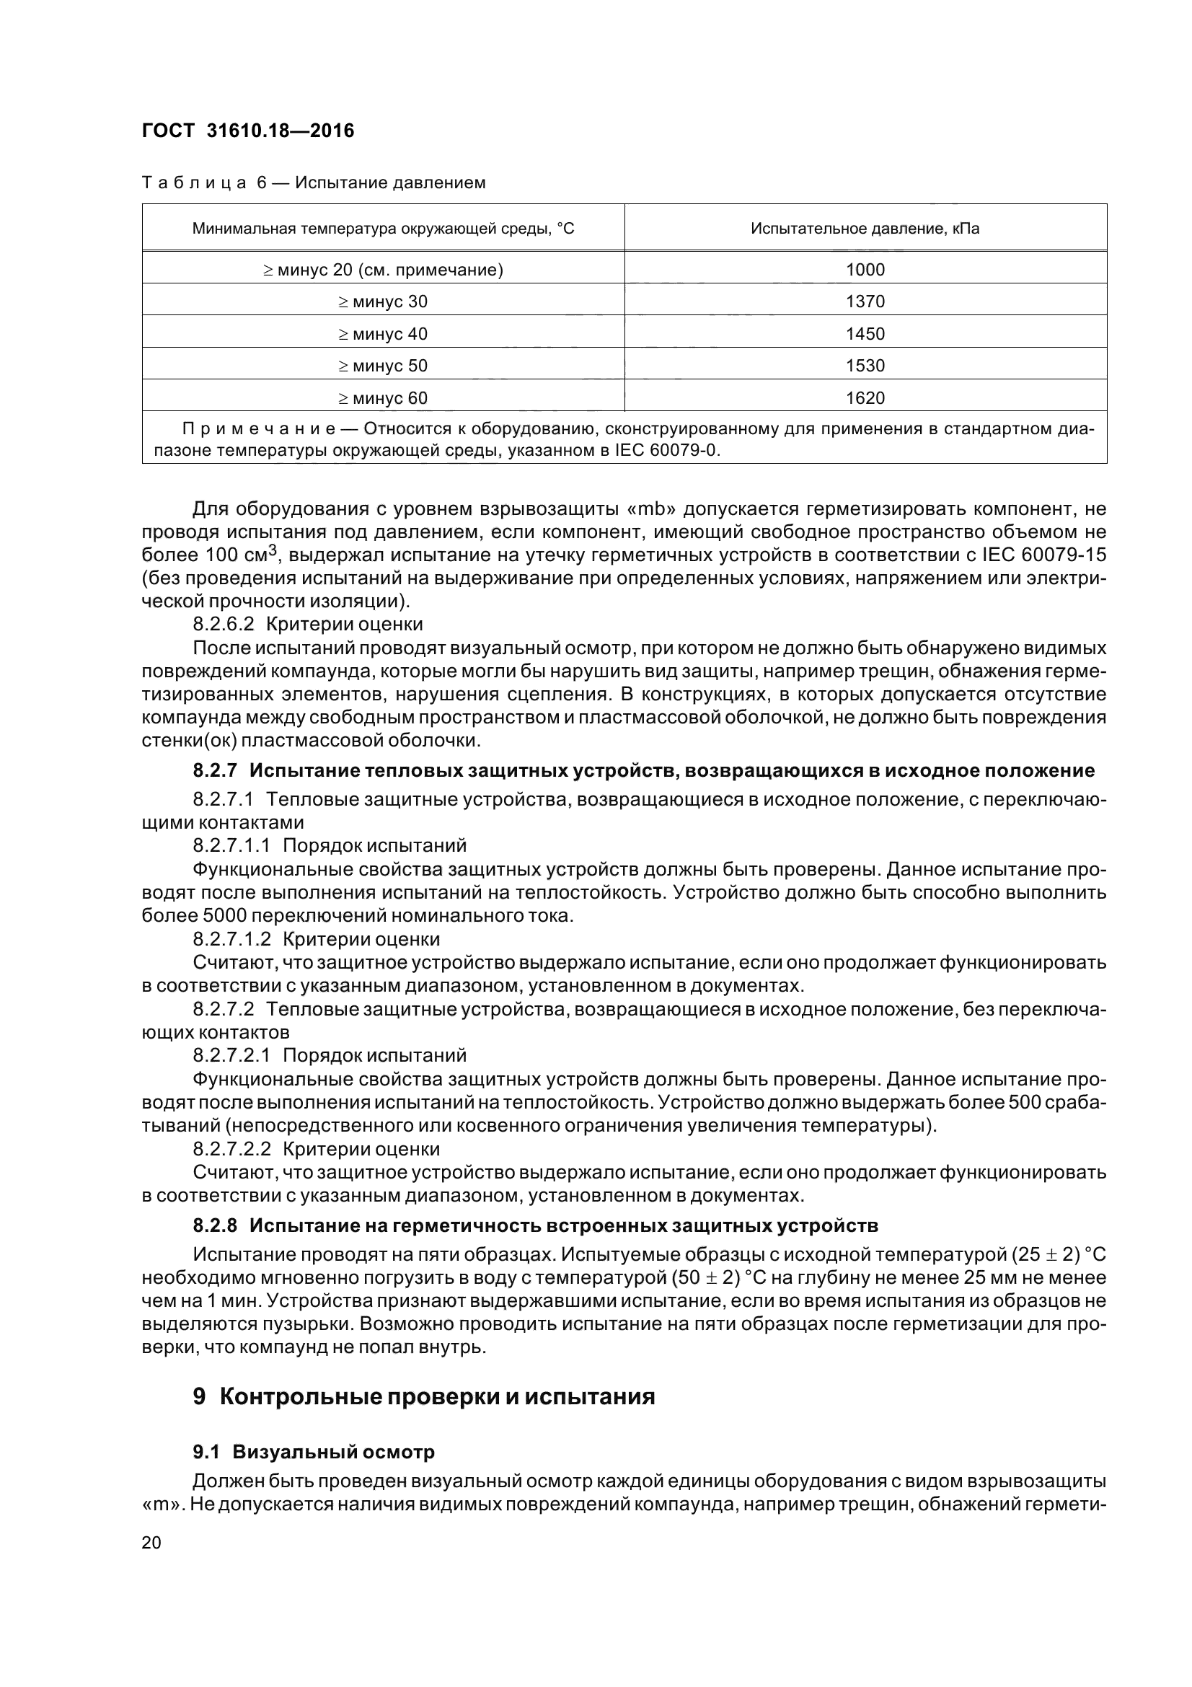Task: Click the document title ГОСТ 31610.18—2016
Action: (247, 131)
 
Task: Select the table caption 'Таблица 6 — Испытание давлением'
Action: (313, 182)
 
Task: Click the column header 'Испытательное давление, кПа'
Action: (865, 229)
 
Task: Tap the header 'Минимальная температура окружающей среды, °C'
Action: (383, 229)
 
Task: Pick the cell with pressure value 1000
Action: (865, 270)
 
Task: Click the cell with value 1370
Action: (865, 301)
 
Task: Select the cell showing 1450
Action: (865, 334)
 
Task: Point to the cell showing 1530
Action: (865, 365)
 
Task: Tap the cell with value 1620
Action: (865, 397)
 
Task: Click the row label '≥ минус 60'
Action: (383, 397)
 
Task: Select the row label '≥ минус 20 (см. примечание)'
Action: (383, 270)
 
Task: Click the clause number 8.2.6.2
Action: (224, 624)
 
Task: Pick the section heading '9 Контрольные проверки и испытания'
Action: (424, 1396)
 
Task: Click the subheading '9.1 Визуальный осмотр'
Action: (314, 1452)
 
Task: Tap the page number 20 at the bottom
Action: (151, 1542)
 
